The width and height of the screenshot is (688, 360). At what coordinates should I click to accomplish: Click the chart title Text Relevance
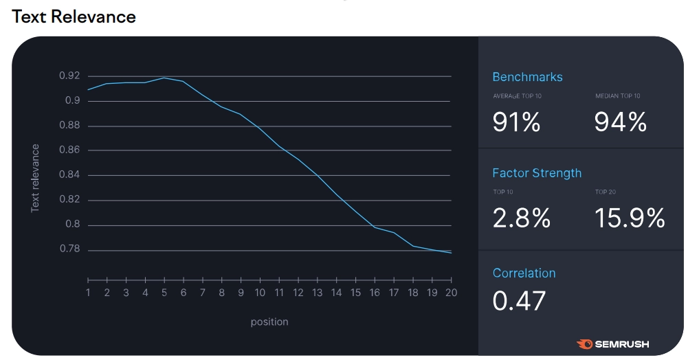(x=74, y=16)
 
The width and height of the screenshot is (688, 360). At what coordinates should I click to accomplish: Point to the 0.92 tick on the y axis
(x=69, y=76)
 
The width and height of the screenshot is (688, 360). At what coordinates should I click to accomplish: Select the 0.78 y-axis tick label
(x=69, y=249)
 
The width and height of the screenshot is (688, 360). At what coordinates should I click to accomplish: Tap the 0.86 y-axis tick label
(x=69, y=150)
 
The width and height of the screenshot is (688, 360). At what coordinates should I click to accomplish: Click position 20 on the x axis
(x=450, y=293)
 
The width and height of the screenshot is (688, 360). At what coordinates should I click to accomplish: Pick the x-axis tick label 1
(x=88, y=293)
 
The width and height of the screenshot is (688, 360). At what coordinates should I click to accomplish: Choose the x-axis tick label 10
(x=260, y=293)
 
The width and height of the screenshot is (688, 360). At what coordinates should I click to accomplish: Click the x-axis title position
(x=269, y=322)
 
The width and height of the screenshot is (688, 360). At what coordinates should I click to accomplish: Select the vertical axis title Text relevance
(x=36, y=177)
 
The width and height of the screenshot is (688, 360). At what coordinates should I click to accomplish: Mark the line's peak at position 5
(x=164, y=78)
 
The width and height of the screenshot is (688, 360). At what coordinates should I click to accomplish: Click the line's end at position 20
(x=451, y=253)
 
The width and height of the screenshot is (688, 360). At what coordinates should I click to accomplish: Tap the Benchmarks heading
(x=527, y=77)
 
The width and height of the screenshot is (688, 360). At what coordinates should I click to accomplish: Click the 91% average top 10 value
(x=516, y=122)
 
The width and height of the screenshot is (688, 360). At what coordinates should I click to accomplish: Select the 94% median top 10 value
(x=621, y=122)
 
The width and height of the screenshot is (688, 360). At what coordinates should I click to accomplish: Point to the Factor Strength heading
(x=537, y=173)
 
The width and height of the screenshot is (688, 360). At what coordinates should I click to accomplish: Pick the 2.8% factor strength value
(x=522, y=218)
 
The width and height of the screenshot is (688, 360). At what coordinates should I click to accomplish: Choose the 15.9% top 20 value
(x=630, y=218)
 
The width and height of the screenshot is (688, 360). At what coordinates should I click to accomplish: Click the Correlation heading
(x=524, y=273)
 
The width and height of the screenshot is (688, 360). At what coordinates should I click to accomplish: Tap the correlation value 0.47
(x=519, y=301)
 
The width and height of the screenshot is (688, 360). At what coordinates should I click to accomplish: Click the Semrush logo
(x=613, y=344)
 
